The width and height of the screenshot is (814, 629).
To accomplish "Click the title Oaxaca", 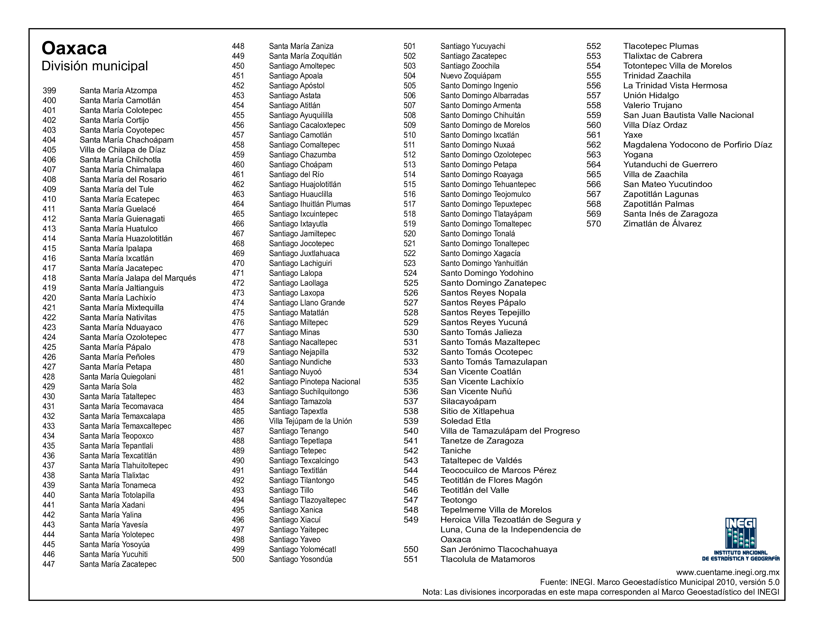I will [x=74, y=48].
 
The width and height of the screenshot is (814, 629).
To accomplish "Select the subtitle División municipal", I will [x=95, y=66].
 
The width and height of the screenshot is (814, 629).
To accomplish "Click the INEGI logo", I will [x=740, y=538].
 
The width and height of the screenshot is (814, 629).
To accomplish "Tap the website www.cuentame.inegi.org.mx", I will [x=727, y=572].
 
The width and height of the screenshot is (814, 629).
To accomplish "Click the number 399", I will [x=49, y=91].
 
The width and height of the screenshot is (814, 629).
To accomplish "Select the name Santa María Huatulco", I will [x=118, y=229].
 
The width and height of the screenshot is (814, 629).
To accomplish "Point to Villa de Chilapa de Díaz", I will [x=122, y=150].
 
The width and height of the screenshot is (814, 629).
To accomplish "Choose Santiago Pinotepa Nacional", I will [x=314, y=382].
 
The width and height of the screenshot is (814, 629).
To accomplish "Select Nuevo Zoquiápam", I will [x=470, y=76].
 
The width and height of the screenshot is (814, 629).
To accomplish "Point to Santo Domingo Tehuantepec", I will [x=488, y=185].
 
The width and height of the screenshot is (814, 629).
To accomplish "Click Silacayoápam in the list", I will [x=468, y=401].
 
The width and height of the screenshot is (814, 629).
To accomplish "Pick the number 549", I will [x=411, y=520].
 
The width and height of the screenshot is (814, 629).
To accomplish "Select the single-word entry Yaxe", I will [x=633, y=135].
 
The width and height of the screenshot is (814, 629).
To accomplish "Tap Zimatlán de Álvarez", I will [x=662, y=224].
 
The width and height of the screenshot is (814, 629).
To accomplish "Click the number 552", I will [x=593, y=46].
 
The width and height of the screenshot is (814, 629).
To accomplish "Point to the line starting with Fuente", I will [x=659, y=582].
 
